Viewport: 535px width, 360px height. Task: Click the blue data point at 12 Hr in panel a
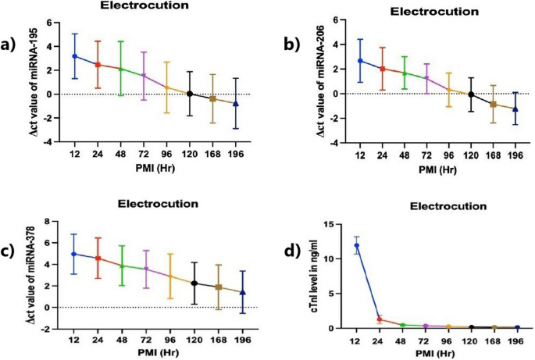(x=75, y=56)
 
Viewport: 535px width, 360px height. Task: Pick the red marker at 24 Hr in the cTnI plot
(x=380, y=319)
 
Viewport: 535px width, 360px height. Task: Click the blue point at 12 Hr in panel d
(x=357, y=245)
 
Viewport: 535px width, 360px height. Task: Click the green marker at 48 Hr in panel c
(x=123, y=266)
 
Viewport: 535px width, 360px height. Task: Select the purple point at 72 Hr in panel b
(x=426, y=78)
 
